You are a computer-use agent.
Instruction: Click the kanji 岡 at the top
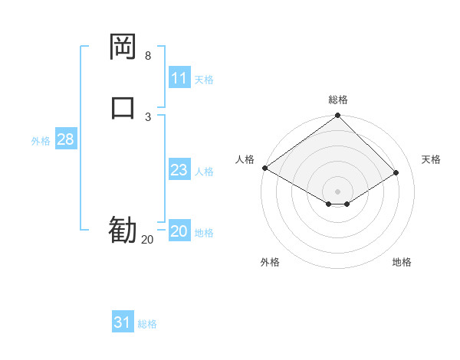pos(123,48)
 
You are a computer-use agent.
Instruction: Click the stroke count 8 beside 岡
pos(148,56)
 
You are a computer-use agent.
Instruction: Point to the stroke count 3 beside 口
pos(148,116)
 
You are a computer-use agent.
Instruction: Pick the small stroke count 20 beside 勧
pos(147,240)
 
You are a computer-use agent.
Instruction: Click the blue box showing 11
pos(179,78)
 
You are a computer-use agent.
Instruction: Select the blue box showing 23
pos(179,170)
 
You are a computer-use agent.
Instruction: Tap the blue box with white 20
pos(179,231)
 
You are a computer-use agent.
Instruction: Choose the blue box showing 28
pos(65,139)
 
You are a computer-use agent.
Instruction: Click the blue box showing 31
pos(123,322)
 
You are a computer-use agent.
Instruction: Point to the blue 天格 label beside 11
pos(204,80)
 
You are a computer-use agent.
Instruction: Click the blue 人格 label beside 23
pos(204,172)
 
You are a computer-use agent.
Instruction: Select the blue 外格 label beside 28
pos(41,141)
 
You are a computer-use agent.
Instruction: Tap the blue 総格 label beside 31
pos(147,324)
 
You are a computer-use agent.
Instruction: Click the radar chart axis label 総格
pos(338,100)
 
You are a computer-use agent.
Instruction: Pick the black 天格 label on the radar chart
pos(432,159)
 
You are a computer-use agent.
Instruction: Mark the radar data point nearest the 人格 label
pos(264,168)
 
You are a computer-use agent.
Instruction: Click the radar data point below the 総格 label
pos(338,116)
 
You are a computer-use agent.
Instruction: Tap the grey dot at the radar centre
pos(338,191)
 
